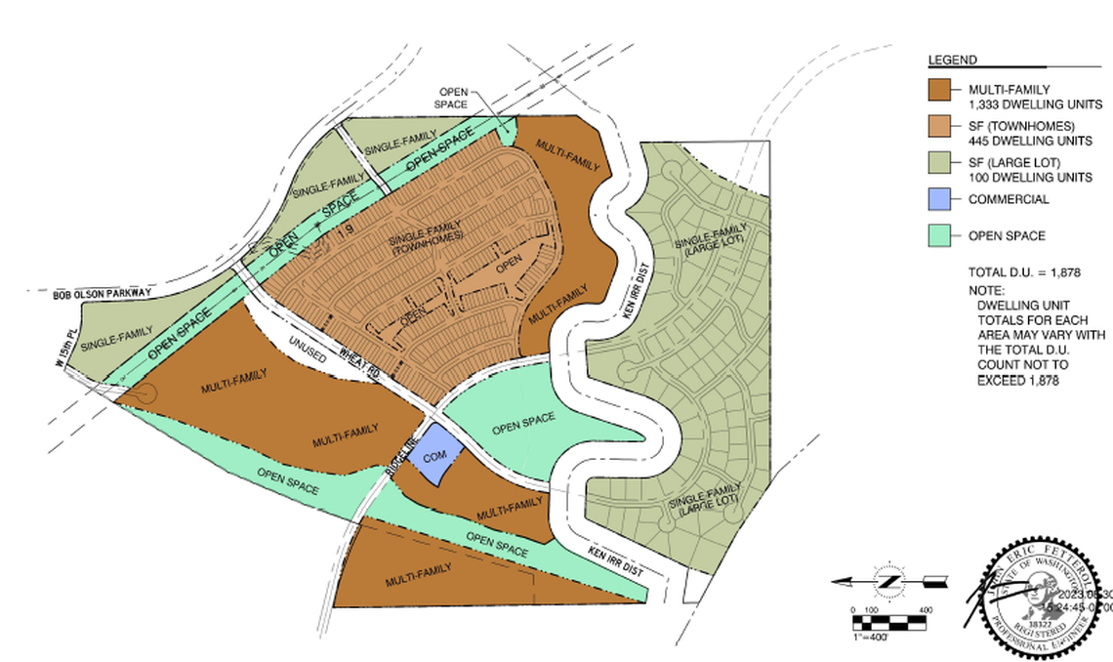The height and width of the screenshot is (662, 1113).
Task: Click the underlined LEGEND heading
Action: [951, 61]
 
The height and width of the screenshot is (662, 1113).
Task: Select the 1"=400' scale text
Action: [873, 636]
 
